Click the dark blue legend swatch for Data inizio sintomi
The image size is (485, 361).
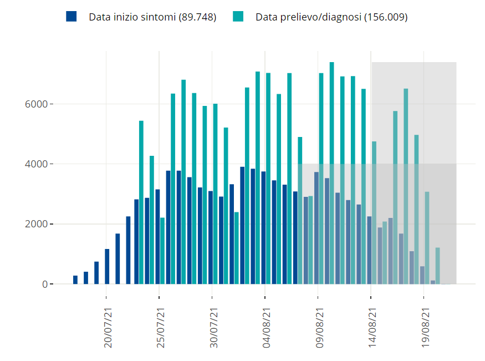[71, 17]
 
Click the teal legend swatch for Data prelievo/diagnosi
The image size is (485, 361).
[238, 17]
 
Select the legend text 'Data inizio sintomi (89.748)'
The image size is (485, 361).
[152, 17]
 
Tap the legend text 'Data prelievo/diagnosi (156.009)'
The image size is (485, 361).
[331, 17]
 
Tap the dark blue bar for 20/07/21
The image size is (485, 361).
[107, 266]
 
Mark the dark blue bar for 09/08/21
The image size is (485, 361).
[316, 228]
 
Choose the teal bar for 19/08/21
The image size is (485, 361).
[427, 238]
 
